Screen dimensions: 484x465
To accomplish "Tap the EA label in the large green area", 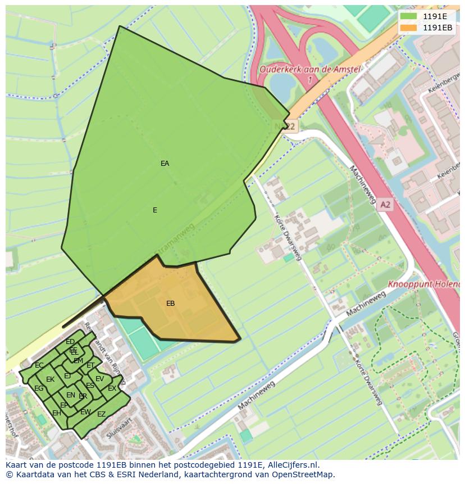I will pyautogui.click(x=165, y=164).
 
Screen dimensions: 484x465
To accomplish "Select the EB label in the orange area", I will pyautogui.click(x=170, y=304).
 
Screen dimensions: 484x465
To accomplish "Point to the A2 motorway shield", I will pyautogui.click(x=384, y=205).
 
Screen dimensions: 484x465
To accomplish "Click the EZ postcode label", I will pyautogui.click(x=101, y=414).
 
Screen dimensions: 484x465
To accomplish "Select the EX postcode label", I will pyautogui.click(x=112, y=388).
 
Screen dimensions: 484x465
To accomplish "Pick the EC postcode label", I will pyautogui.click(x=39, y=365).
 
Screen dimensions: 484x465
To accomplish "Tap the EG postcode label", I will pyautogui.click(x=39, y=388).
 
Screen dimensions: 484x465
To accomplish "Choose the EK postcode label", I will pyautogui.click(x=50, y=379).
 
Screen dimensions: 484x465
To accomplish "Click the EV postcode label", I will pyautogui.click(x=99, y=379).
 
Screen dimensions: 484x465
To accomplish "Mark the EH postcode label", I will pyautogui.click(x=57, y=413).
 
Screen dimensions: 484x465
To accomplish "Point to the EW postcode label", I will pyautogui.click(x=85, y=412).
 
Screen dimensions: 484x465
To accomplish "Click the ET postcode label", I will pyautogui.click(x=90, y=365).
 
